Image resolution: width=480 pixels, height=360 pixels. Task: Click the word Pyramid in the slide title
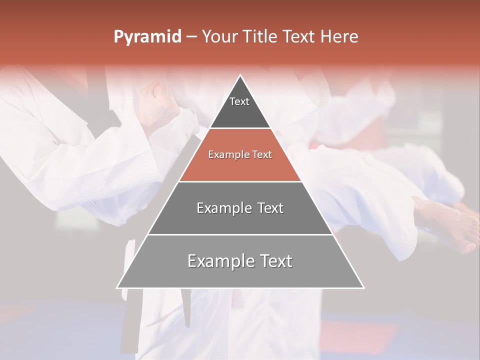[147, 37]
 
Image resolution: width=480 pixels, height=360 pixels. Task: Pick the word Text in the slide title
[298, 36]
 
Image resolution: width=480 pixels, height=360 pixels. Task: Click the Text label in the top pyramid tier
[239, 101]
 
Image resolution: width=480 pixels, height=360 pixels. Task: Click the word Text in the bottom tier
[274, 261]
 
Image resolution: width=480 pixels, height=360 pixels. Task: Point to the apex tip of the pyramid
[240, 75]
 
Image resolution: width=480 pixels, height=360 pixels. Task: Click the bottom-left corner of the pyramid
[117, 287]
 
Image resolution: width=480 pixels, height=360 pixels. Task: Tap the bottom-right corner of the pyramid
[363, 287]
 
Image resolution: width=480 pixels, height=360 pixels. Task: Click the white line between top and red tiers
[240, 128]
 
